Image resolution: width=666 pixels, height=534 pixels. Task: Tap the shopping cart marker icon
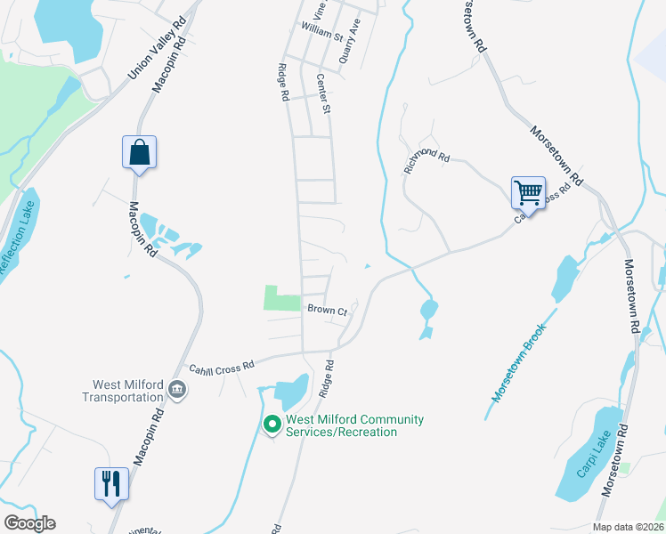pos(528,191)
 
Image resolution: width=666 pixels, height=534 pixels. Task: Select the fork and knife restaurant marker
pos(111,483)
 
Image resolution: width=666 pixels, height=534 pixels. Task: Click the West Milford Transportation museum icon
pos(177,390)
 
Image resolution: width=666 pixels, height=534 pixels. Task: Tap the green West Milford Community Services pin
pos(273,425)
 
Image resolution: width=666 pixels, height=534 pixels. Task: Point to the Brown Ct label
pos(326,310)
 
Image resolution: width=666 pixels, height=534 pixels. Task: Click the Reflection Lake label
pos(17,240)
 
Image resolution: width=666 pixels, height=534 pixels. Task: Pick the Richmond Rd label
pos(427,158)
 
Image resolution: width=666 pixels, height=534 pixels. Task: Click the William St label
pos(322,34)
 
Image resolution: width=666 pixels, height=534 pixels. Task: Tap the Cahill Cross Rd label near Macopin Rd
pos(222,365)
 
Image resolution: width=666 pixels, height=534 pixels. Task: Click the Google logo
pos(29,523)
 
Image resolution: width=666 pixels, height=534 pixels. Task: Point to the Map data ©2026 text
pos(627,527)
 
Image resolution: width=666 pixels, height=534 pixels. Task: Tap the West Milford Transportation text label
pos(121,391)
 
